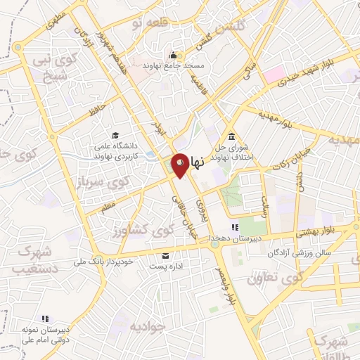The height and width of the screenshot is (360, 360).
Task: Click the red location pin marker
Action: click(x=180, y=163)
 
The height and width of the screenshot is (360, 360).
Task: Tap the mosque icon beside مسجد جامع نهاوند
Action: click(x=172, y=56)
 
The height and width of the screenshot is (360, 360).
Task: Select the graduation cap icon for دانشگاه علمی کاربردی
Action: click(x=115, y=135)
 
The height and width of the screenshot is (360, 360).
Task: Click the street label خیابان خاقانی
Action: click(x=181, y=210)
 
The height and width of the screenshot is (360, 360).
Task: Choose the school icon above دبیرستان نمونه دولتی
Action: click(x=46, y=319)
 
